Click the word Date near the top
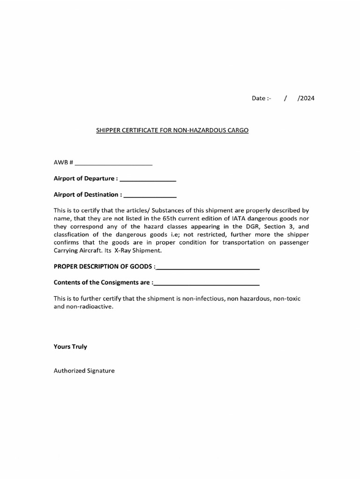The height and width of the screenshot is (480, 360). [259, 98]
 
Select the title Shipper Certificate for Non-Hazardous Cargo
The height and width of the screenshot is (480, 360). [172, 130]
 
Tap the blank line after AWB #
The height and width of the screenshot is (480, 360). [113, 164]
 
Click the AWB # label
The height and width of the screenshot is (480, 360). [63, 162]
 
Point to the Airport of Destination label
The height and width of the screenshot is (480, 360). [88, 195]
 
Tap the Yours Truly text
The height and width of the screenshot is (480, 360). [70, 347]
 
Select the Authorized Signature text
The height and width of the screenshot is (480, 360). [84, 370]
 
